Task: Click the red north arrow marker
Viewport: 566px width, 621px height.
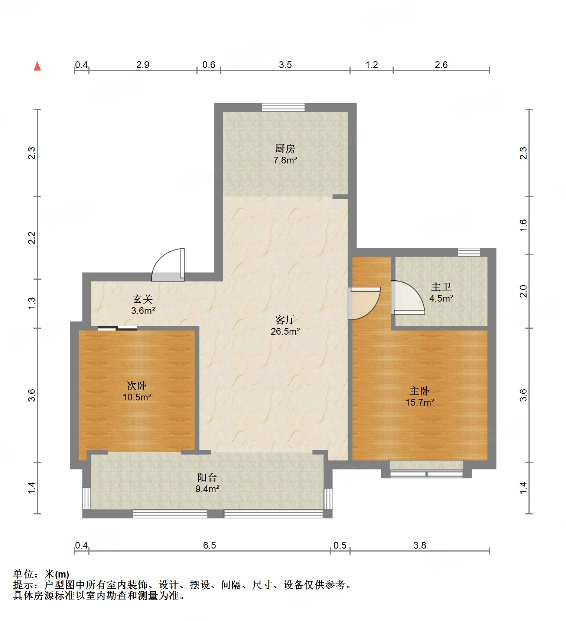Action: tap(37, 66)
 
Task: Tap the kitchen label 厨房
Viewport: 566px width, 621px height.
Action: tap(285, 149)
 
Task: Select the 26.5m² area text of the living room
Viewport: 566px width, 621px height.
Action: tap(285, 332)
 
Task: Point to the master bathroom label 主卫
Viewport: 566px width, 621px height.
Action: tap(441, 287)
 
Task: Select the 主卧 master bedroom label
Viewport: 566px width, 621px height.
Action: tap(420, 391)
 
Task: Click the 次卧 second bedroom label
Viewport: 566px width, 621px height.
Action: tap(137, 386)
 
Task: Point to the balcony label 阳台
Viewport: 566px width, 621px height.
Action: tap(207, 477)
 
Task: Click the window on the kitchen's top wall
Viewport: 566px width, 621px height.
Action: tap(283, 107)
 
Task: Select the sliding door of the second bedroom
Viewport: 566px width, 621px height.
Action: tap(117, 328)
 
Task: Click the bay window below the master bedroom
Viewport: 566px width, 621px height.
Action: tap(426, 474)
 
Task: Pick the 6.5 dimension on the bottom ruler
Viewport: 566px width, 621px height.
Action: tap(209, 545)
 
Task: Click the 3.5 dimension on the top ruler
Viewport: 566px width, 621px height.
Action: tap(285, 65)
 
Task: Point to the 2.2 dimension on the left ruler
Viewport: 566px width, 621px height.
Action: tap(32, 238)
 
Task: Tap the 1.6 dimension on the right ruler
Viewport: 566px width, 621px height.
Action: tap(523, 225)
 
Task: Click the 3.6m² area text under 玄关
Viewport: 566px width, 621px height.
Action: tap(143, 310)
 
